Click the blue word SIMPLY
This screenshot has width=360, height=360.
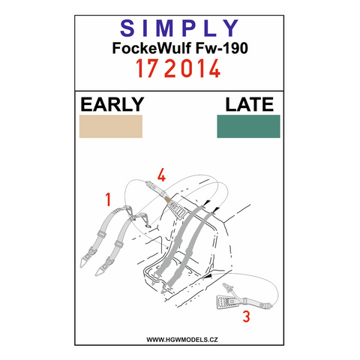pyautogui.click(x=179, y=28)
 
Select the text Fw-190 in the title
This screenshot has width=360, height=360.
pyautogui.click(x=222, y=48)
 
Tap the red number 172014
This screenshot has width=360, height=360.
pyautogui.click(x=178, y=69)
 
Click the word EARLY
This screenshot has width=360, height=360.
pyautogui.click(x=112, y=104)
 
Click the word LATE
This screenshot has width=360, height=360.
pyautogui.click(x=250, y=104)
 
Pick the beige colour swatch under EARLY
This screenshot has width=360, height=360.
pyautogui.click(x=111, y=126)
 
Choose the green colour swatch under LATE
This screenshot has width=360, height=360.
pyautogui.click(x=248, y=126)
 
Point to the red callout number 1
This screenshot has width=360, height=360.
pyautogui.click(x=108, y=199)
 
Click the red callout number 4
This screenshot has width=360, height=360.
pyautogui.click(x=161, y=175)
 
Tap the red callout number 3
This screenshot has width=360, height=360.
pyautogui.click(x=246, y=316)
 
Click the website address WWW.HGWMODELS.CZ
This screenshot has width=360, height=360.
pyautogui.click(x=182, y=340)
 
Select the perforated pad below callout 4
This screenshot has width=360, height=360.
pyautogui.click(x=178, y=209)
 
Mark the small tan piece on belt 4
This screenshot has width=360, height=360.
pyautogui.click(x=168, y=199)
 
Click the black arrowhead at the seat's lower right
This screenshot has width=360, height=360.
pyautogui.click(x=208, y=276)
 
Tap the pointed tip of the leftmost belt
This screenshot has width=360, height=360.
pyautogui.click(x=81, y=266)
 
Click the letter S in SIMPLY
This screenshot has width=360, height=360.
pyautogui.click(x=127, y=28)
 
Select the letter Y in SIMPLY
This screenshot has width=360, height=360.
pyautogui.click(x=232, y=28)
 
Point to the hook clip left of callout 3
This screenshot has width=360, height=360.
pyautogui.click(x=227, y=287)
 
